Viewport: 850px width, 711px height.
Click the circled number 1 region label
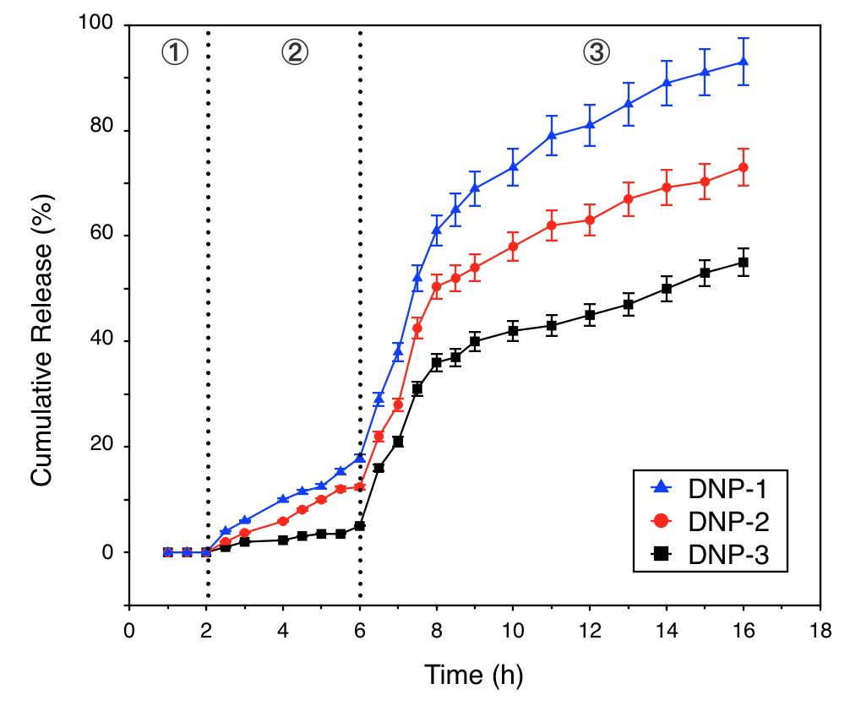tap(174, 52)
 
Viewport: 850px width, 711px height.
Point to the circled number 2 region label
tap(295, 52)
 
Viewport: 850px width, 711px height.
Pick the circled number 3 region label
tap(595, 52)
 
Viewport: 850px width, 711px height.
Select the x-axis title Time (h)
tap(473, 675)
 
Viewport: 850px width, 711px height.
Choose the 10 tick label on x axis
tap(512, 630)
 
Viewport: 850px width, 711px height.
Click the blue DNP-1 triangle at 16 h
tap(744, 62)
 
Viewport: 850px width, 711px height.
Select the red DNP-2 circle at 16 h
tap(744, 167)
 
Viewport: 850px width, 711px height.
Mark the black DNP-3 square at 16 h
tap(744, 263)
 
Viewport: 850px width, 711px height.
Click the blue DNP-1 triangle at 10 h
tap(513, 166)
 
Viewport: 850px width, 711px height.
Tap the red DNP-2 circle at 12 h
tap(590, 220)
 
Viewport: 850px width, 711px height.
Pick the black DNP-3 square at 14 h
tap(667, 289)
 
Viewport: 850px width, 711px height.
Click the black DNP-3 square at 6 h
tap(360, 526)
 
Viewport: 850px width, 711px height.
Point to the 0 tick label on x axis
tap(129, 630)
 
